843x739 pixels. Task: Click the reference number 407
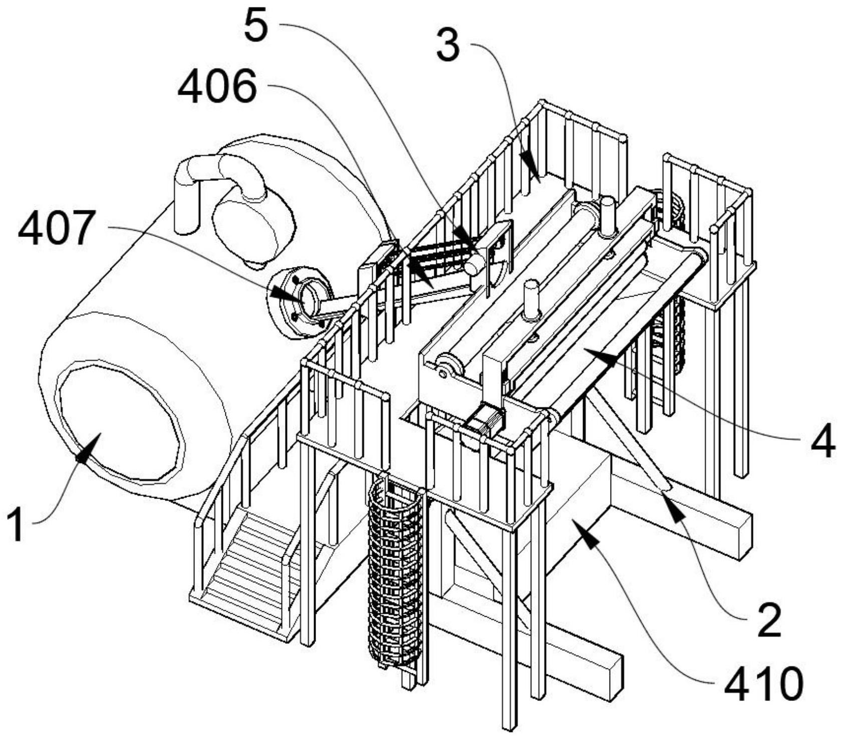click(56, 228)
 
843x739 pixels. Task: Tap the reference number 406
click(217, 86)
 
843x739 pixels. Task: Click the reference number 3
click(447, 44)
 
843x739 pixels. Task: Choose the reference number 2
click(769, 620)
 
